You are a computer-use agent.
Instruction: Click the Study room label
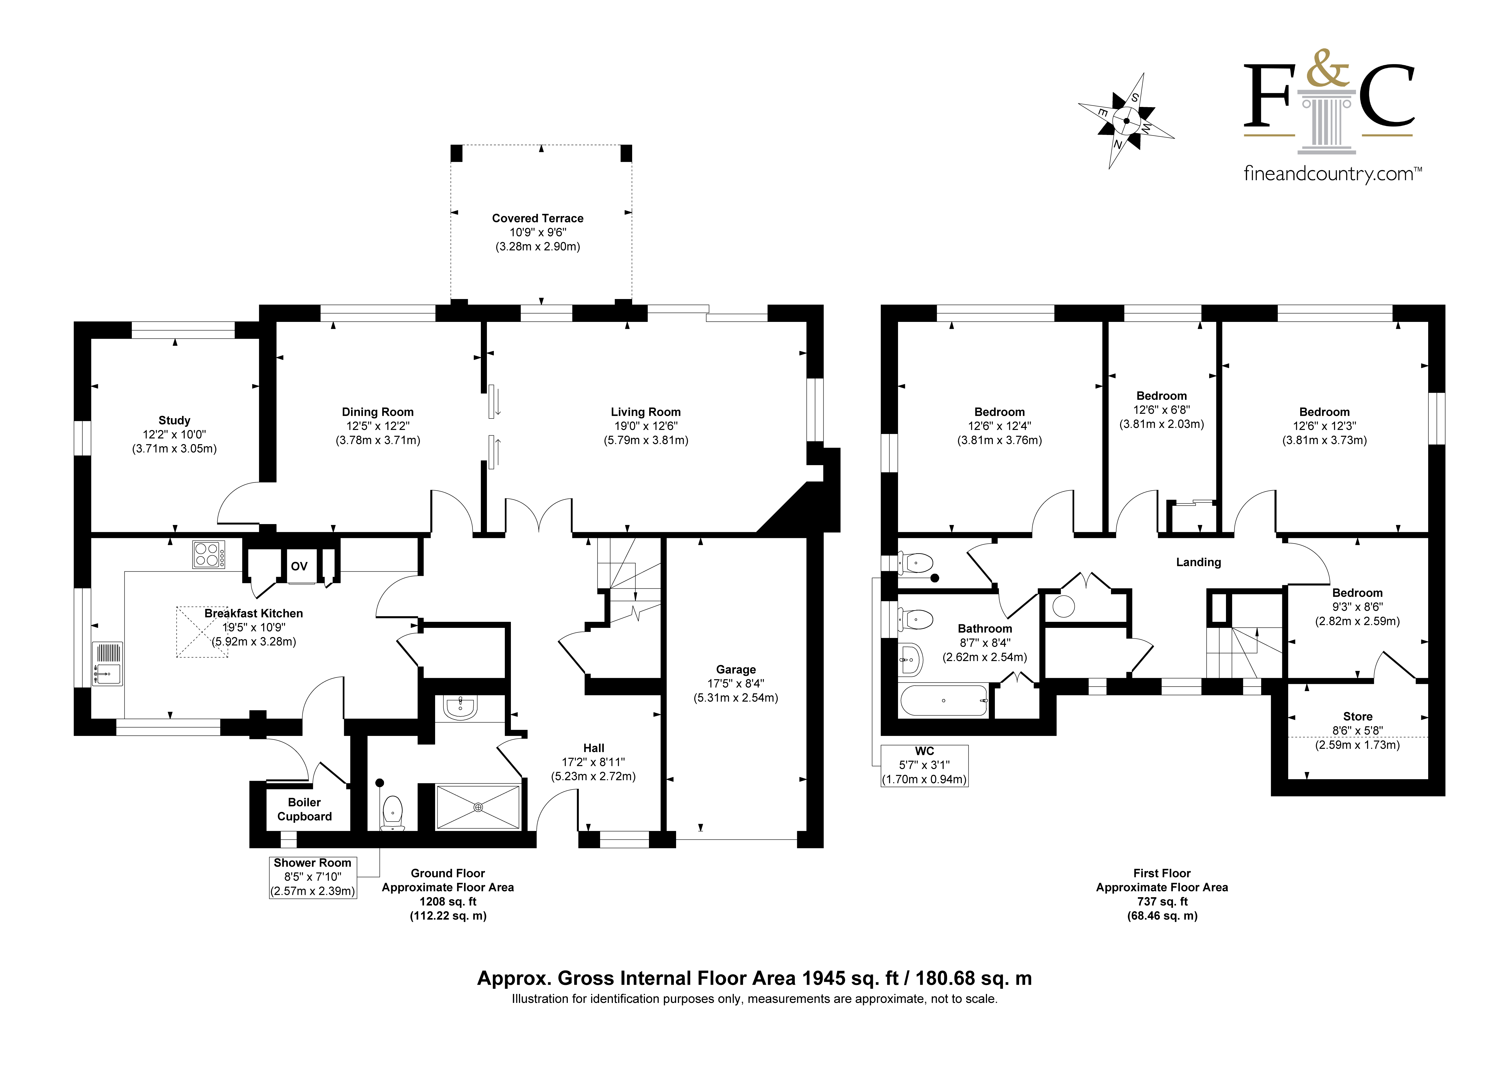click(174, 420)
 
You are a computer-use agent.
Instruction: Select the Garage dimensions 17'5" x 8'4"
click(736, 683)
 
